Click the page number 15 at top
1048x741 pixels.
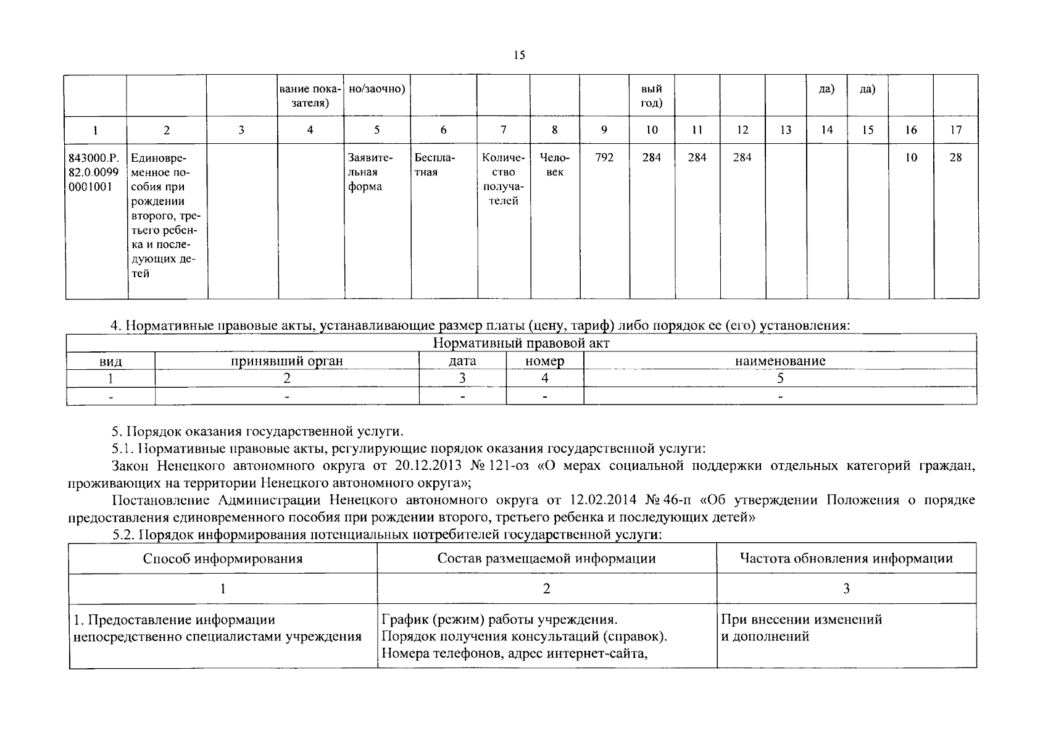tap(518, 56)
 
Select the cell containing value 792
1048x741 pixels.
tap(604, 157)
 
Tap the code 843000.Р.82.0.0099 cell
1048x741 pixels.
tap(94, 172)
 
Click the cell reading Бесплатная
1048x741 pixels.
tap(435, 165)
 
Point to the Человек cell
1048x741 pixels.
tap(554, 165)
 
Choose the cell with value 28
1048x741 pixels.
tap(955, 157)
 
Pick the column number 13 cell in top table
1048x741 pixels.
tap(785, 130)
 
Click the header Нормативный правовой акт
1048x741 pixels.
tap(521, 343)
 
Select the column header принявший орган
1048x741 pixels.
tap(286, 361)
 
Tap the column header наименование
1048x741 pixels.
tap(780, 361)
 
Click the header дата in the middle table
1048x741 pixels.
tap(462, 361)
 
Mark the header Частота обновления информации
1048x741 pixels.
tap(846, 559)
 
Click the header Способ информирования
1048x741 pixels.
tap(223, 559)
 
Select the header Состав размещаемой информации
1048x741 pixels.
tap(546, 559)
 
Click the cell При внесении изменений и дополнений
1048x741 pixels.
tap(801, 627)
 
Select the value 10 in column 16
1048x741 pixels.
tap(911, 157)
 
